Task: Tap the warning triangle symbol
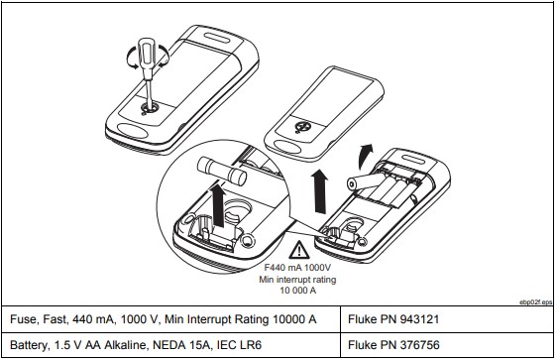[x=299, y=250]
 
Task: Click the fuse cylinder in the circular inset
[x=222, y=171]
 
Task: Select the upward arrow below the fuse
[x=219, y=204]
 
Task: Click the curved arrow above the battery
[x=365, y=156]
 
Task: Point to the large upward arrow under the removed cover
[x=319, y=191]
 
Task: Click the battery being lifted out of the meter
[x=365, y=181]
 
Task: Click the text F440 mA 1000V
[x=297, y=268]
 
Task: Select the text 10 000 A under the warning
[x=298, y=291]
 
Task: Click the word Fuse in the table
[x=23, y=319]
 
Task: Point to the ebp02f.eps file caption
[x=536, y=302]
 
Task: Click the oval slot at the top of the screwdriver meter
[x=218, y=38]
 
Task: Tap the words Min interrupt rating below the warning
[x=297, y=279]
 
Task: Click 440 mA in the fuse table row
[x=92, y=319]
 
